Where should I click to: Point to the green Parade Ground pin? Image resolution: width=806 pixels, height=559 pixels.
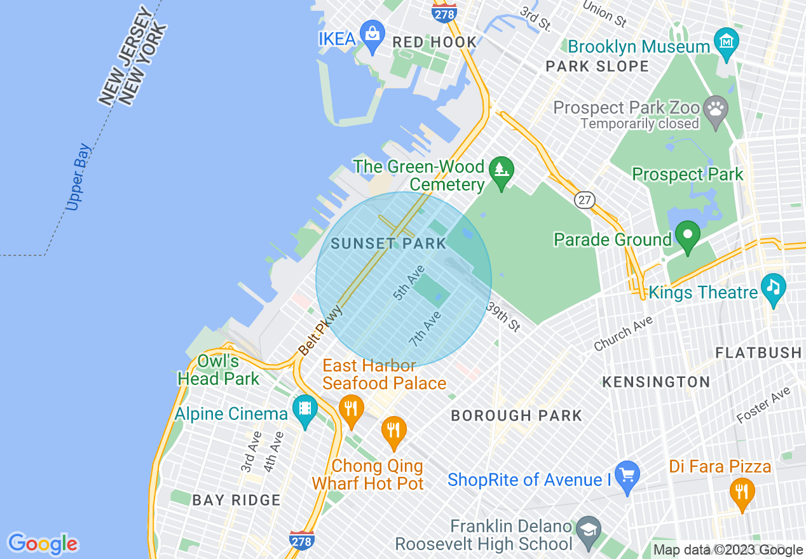(x=687, y=235)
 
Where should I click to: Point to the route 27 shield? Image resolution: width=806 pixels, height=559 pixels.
(x=584, y=200)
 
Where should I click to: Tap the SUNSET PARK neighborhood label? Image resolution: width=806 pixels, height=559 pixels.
(x=388, y=243)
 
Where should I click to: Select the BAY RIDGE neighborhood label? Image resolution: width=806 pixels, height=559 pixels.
(x=236, y=500)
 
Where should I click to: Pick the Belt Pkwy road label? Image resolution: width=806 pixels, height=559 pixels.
(x=321, y=330)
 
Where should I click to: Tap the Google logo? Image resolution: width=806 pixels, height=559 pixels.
(x=43, y=544)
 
